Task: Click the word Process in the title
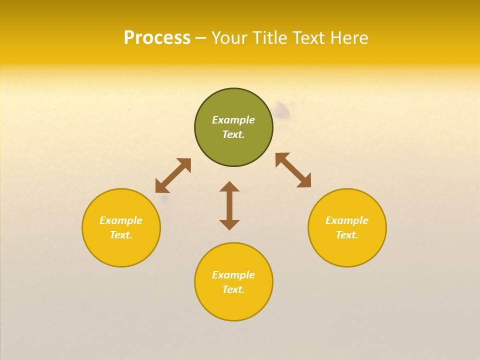tap(157, 38)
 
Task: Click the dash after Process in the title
tap(201, 38)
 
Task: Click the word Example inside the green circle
tap(233, 120)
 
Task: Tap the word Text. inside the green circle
tap(233, 134)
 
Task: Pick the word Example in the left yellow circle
tap(121, 220)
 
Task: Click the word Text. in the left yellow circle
tap(121, 235)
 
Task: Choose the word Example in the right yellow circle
tap(347, 220)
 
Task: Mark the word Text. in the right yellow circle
tap(347, 235)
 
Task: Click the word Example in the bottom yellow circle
tap(233, 275)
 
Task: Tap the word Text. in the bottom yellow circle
tap(233, 289)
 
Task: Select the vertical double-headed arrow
tap(229, 205)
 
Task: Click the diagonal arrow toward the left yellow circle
tap(173, 175)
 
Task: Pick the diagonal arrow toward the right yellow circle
tap(293, 170)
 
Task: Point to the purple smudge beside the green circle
tap(282, 111)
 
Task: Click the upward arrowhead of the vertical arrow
tap(229, 186)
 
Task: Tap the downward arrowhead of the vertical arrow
tap(229, 224)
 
